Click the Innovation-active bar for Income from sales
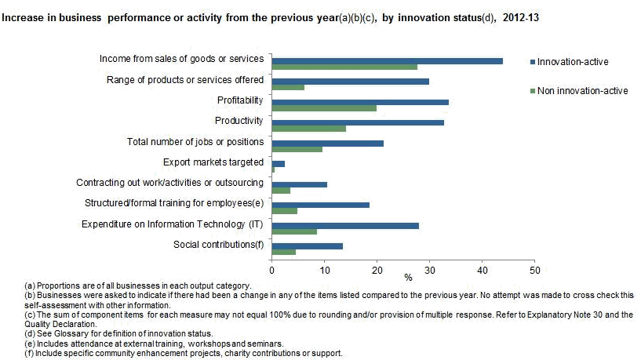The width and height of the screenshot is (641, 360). pyautogui.click(x=387, y=60)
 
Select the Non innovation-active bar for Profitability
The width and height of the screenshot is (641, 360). pyautogui.click(x=324, y=108)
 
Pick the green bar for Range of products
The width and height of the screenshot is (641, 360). pyautogui.click(x=288, y=87)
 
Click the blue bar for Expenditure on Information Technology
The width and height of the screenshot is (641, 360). pyautogui.click(x=345, y=225)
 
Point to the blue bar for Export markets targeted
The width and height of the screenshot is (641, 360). pyautogui.click(x=278, y=163)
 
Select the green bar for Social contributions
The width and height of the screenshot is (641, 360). pyautogui.click(x=283, y=252)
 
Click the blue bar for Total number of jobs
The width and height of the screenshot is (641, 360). pyautogui.click(x=327, y=143)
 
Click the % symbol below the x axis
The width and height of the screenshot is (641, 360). pyautogui.click(x=408, y=277)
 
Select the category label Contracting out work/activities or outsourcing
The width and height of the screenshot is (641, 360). pyautogui.click(x=169, y=183)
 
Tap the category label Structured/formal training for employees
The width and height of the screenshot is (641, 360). pyautogui.click(x=173, y=203)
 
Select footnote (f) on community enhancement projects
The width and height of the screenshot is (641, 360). pyautogui.click(x=173, y=353)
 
